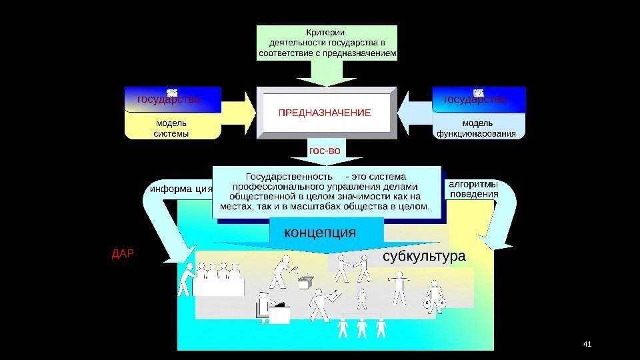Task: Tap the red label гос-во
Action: (324, 151)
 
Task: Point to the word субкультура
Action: (424, 257)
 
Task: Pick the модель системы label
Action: (171, 128)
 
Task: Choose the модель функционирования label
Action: (477, 128)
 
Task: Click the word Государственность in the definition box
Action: (289, 177)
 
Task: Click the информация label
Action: (181, 189)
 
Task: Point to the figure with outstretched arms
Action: (399, 289)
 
